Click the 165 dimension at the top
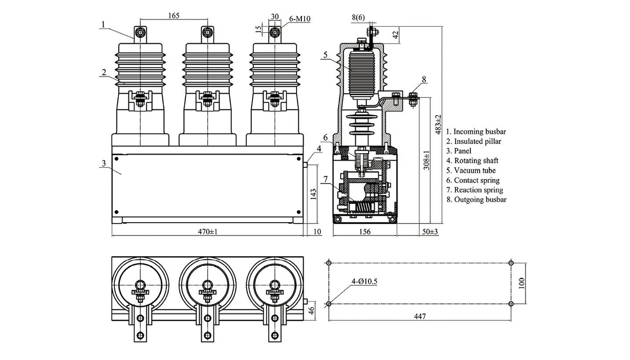click(x=174, y=15)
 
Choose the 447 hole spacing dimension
click(x=419, y=316)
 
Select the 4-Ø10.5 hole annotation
click(x=364, y=282)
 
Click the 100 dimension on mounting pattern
click(x=521, y=283)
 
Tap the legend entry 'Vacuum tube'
click(x=471, y=171)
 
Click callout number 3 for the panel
click(x=103, y=163)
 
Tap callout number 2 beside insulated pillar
click(x=103, y=72)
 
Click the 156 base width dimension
click(x=365, y=232)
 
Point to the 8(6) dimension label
click(x=358, y=18)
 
